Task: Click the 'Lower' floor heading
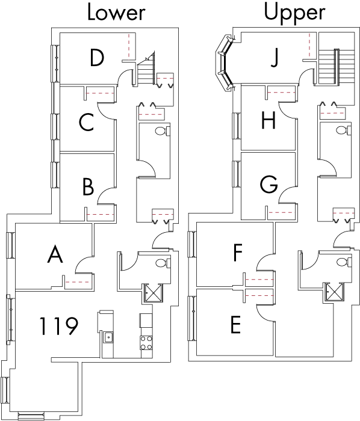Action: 116,13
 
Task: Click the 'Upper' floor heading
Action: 295,13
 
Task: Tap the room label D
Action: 97,58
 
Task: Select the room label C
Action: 86,122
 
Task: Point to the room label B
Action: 88,187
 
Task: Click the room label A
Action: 55,254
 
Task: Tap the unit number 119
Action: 59,326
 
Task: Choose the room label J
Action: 274,58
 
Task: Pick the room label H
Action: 268,120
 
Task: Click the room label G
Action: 269,184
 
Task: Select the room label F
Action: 238,253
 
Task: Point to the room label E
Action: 235,325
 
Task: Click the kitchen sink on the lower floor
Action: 108,337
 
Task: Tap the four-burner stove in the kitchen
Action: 146,343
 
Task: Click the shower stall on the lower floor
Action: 153,293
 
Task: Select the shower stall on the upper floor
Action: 334,292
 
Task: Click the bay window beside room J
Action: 225,63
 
